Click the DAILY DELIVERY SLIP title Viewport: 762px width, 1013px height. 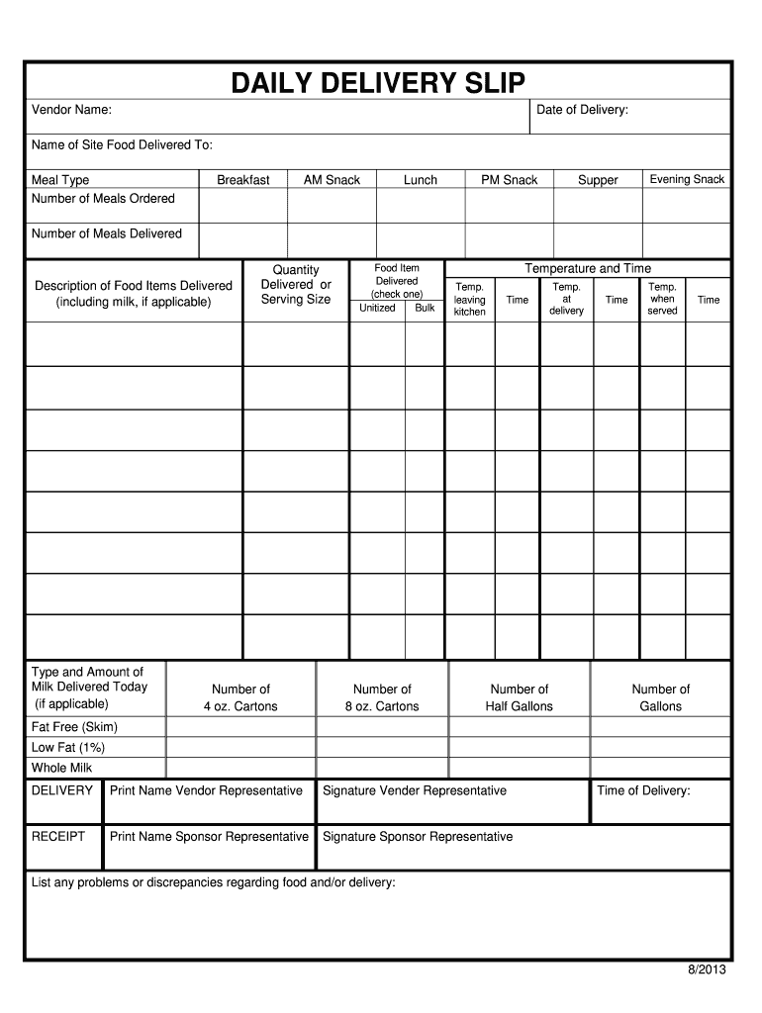point(379,83)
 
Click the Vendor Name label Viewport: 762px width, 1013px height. point(71,110)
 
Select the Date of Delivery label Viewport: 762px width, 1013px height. point(582,110)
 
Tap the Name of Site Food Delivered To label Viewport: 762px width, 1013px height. point(122,145)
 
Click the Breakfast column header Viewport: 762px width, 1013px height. point(243,180)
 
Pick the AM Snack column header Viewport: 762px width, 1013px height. point(332,180)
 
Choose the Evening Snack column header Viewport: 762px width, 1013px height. point(687,179)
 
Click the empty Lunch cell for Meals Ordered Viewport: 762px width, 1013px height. point(421,206)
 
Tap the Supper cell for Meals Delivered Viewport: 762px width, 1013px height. point(598,239)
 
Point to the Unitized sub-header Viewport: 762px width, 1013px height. point(377,308)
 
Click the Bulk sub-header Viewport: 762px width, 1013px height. point(425,308)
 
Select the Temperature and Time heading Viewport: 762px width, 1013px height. point(588,269)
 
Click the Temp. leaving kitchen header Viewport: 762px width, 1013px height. point(470,300)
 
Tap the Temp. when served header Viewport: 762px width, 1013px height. point(662,299)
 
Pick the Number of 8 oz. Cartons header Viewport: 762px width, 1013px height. point(382,697)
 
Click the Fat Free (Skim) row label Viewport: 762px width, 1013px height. point(74,727)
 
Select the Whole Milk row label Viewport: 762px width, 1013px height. point(61,768)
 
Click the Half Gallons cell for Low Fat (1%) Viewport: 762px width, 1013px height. point(520,748)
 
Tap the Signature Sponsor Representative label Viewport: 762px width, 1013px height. point(418,837)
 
